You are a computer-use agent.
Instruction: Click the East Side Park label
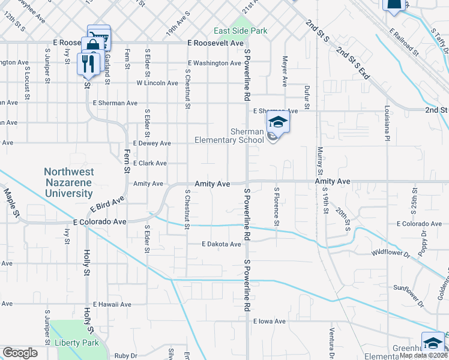[241, 31]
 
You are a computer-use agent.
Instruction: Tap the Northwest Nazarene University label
[68, 182]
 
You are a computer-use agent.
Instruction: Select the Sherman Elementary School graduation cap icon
[277, 123]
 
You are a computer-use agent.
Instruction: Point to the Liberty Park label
[76, 343]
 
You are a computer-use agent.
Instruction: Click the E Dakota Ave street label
[221, 244]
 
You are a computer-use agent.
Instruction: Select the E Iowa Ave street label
[270, 321]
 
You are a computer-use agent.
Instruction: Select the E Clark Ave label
[150, 163]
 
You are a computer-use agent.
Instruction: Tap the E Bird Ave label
[107, 203]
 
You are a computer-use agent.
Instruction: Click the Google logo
[20, 353]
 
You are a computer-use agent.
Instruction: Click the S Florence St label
[277, 208]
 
